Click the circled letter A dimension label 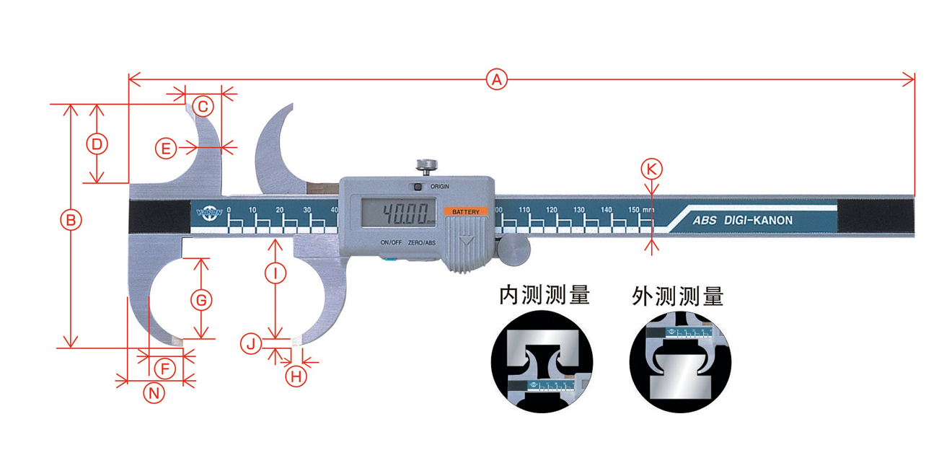pos(495,79)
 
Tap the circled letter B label pos(71,220)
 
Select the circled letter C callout pos(203,107)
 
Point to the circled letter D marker pos(97,144)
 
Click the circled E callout pos(166,149)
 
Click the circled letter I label pos(275,273)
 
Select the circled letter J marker pos(250,344)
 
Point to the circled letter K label pos(651,169)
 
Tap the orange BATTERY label pos(466,211)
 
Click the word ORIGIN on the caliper pos(440,186)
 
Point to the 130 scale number pos(578,209)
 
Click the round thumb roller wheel pos(514,249)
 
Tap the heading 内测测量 pos(545,295)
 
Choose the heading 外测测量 pos(677,295)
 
